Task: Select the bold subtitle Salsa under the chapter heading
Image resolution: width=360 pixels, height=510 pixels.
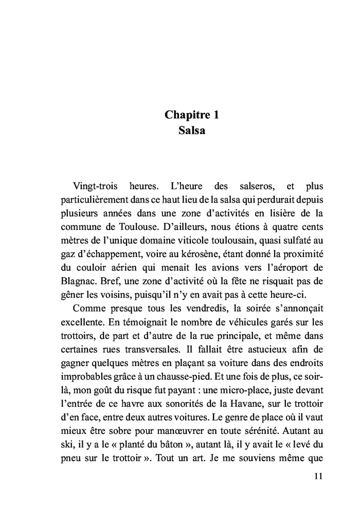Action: pos(191,131)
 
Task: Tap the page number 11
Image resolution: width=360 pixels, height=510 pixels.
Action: pos(317,476)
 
